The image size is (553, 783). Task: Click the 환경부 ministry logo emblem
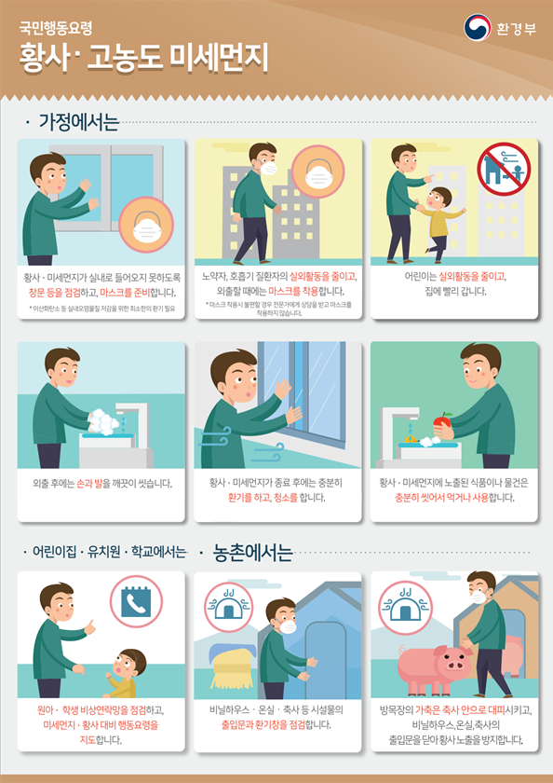click(x=477, y=28)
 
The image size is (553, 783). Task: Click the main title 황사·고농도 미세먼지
click(x=144, y=58)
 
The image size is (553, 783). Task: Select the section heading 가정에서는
click(x=79, y=121)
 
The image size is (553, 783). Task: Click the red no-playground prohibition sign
click(x=503, y=169)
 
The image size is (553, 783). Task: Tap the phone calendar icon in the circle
click(x=136, y=602)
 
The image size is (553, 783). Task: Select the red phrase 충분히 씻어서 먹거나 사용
click(x=446, y=497)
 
